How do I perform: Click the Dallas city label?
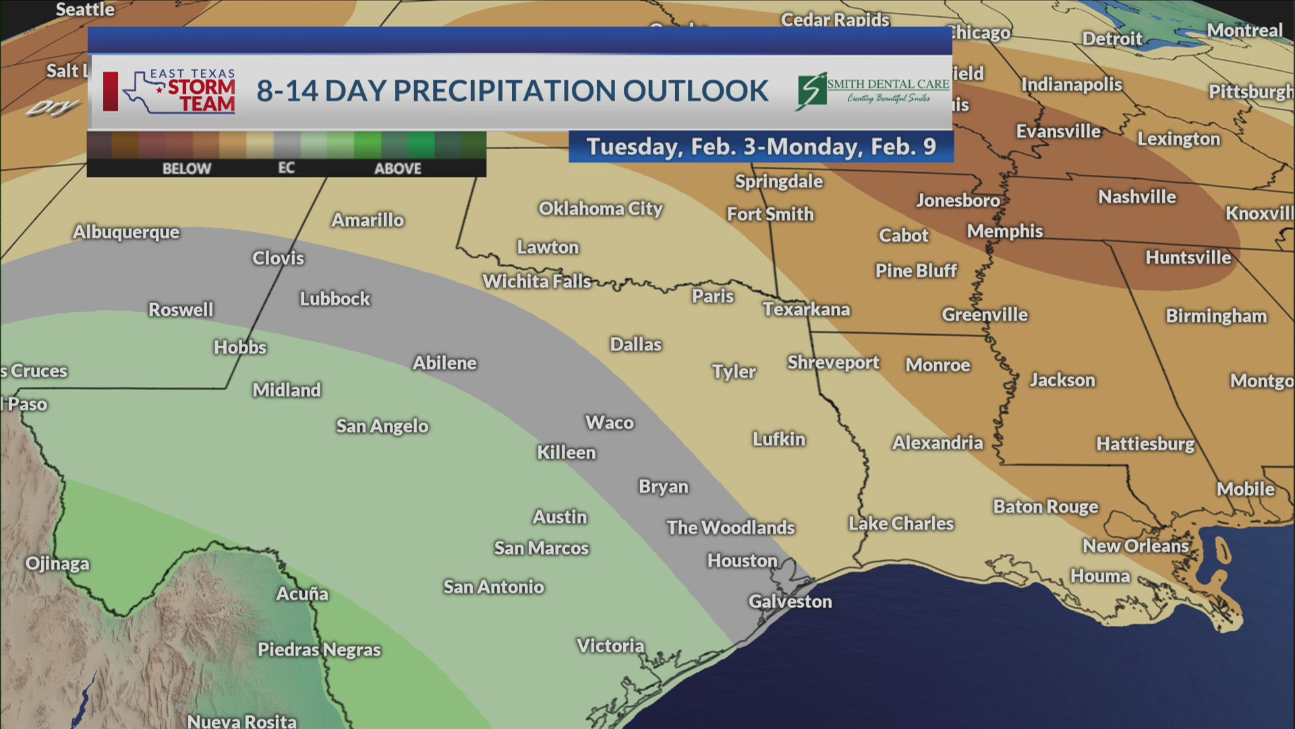[x=635, y=345]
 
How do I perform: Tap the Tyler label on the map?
[x=734, y=372]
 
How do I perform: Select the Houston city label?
[x=742, y=561]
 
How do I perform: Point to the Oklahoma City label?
[x=600, y=209]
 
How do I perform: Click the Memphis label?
[x=1004, y=232]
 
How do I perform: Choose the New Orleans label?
[x=1135, y=546]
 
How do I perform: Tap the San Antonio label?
[x=493, y=587]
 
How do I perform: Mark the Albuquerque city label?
[x=126, y=233]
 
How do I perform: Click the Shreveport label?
[x=833, y=363]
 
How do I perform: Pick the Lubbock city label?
[x=335, y=299]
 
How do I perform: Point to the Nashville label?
[x=1136, y=197]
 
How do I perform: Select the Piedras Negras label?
[x=319, y=650]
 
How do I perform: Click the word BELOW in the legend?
[x=187, y=169]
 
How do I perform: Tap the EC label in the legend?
[x=286, y=168]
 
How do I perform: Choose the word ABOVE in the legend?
[x=397, y=169]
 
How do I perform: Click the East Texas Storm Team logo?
[x=179, y=91]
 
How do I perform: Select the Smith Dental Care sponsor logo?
[x=873, y=91]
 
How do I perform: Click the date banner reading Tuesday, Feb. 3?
[x=761, y=147]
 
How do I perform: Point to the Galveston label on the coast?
[x=790, y=602]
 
